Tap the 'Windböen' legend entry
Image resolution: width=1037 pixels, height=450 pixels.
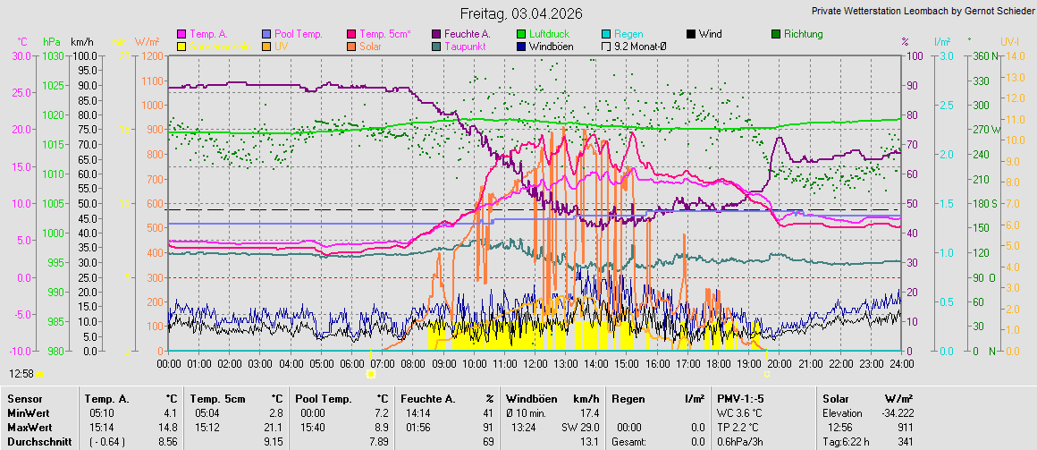coord(551,46)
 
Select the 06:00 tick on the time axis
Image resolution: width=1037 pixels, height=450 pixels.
coord(351,364)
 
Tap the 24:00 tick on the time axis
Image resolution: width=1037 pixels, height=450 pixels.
coord(901,364)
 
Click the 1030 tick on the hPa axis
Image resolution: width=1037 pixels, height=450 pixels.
coord(54,55)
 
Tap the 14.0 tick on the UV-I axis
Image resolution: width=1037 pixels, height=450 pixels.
coord(1011,55)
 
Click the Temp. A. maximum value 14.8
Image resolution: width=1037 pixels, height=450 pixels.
coord(169,428)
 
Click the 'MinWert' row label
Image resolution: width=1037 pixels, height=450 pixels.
coord(26,413)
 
